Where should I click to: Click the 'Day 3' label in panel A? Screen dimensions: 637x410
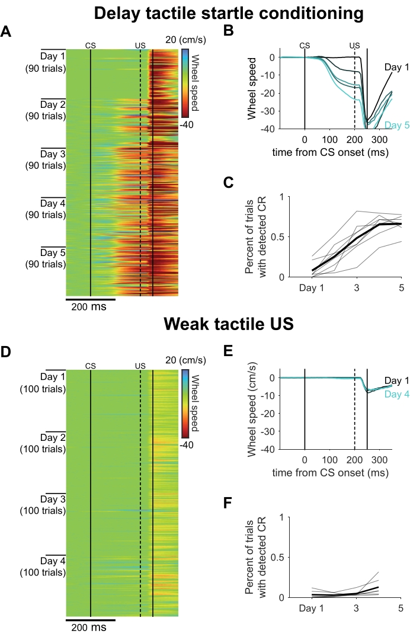[53, 154]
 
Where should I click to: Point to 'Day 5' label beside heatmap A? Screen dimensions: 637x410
[53, 252]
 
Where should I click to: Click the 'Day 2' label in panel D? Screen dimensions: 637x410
[53, 437]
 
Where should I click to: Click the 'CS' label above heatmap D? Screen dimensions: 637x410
[90, 366]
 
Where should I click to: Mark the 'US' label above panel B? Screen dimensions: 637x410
[354, 45]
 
